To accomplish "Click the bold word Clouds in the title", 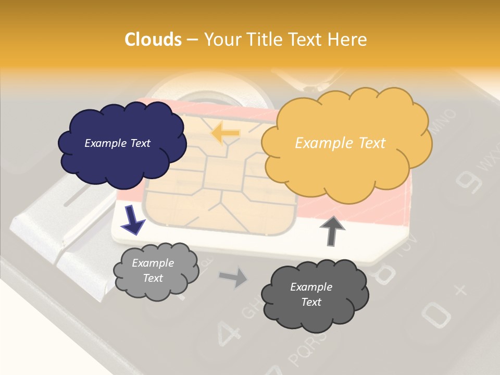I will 153,40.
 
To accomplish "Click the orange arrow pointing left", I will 225,134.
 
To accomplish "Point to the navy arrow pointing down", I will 133,219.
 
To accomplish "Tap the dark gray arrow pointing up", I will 332,230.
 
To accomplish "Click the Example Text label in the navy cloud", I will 117,143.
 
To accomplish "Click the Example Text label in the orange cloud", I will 340,143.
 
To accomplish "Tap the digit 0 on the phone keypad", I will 434,313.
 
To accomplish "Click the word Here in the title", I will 348,40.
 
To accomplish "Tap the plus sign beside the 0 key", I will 460,289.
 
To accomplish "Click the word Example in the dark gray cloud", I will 311,287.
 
